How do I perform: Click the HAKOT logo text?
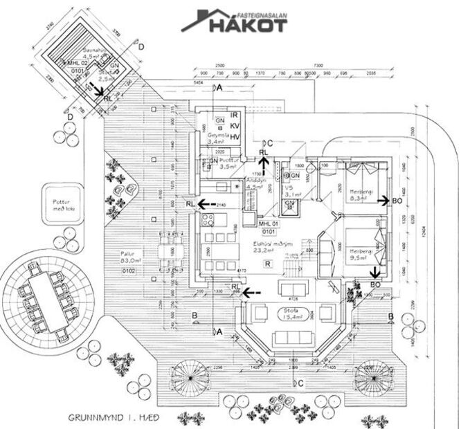[x=244, y=25]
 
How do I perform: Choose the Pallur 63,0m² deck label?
[x=126, y=258]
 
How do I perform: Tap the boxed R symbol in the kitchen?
[x=267, y=264]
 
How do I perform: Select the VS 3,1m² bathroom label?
[x=293, y=192]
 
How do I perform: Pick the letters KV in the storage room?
[x=235, y=125]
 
